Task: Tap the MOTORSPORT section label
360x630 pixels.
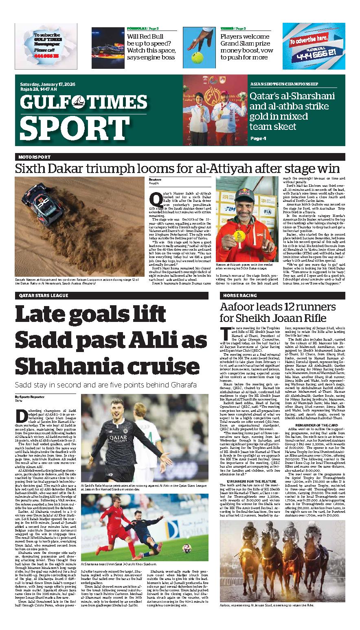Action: coord(34,157)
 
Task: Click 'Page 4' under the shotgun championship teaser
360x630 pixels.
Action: coord(258,138)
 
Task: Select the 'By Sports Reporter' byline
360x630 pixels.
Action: coord(30,396)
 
